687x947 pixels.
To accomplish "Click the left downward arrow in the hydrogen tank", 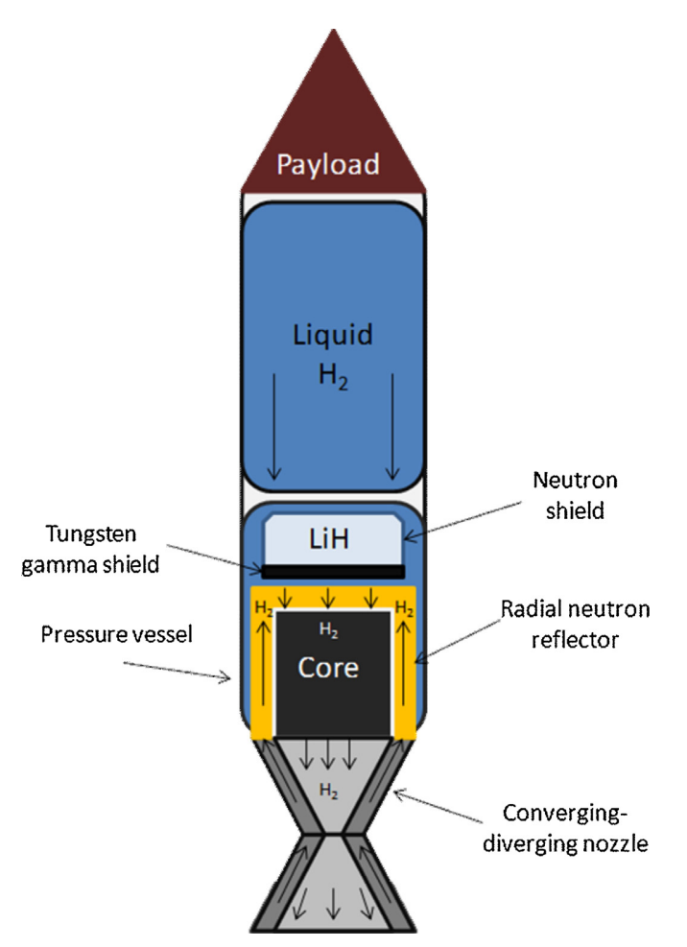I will [272, 427].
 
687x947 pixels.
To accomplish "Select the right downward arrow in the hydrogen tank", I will [391, 427].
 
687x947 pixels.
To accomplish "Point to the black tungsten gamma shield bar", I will [331, 571].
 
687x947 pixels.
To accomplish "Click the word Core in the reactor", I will [330, 666].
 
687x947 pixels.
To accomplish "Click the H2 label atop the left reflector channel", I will [262, 608].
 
